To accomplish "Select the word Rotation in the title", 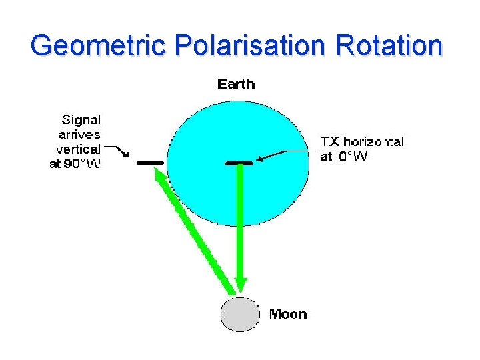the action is [x=389, y=46].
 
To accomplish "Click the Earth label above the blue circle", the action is [x=236, y=84].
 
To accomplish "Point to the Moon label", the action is [x=288, y=314].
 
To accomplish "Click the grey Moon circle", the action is [x=240, y=314].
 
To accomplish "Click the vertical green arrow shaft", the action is [x=241, y=220].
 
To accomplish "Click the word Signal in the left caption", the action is [x=81, y=120].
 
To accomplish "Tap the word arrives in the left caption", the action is [x=78, y=135].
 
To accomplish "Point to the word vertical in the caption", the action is [x=78, y=149].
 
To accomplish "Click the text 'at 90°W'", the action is [x=75, y=164].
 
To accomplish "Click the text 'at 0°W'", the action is [x=343, y=157].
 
